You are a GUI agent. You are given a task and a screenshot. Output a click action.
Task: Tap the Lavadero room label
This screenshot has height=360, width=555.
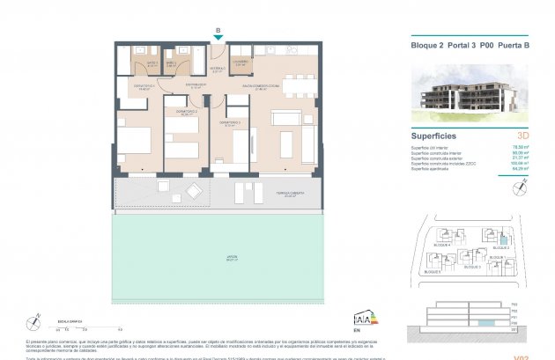[240, 63]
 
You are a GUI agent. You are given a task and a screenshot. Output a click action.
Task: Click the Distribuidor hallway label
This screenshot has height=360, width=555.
[196, 85]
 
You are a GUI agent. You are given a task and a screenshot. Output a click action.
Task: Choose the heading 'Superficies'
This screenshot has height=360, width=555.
[434, 136]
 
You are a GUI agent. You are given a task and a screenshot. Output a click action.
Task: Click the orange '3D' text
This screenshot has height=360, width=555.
[523, 136]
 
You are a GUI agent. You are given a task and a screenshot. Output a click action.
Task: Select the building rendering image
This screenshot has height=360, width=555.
[467, 92]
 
